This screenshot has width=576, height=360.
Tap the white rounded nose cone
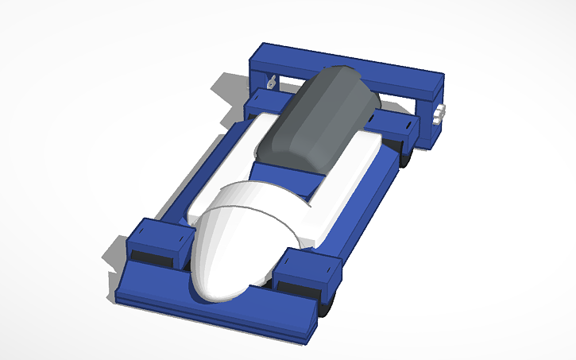234,242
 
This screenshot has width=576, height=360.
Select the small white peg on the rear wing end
440,113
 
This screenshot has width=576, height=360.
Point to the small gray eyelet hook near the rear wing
271,82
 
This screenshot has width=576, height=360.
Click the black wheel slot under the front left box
151,258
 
